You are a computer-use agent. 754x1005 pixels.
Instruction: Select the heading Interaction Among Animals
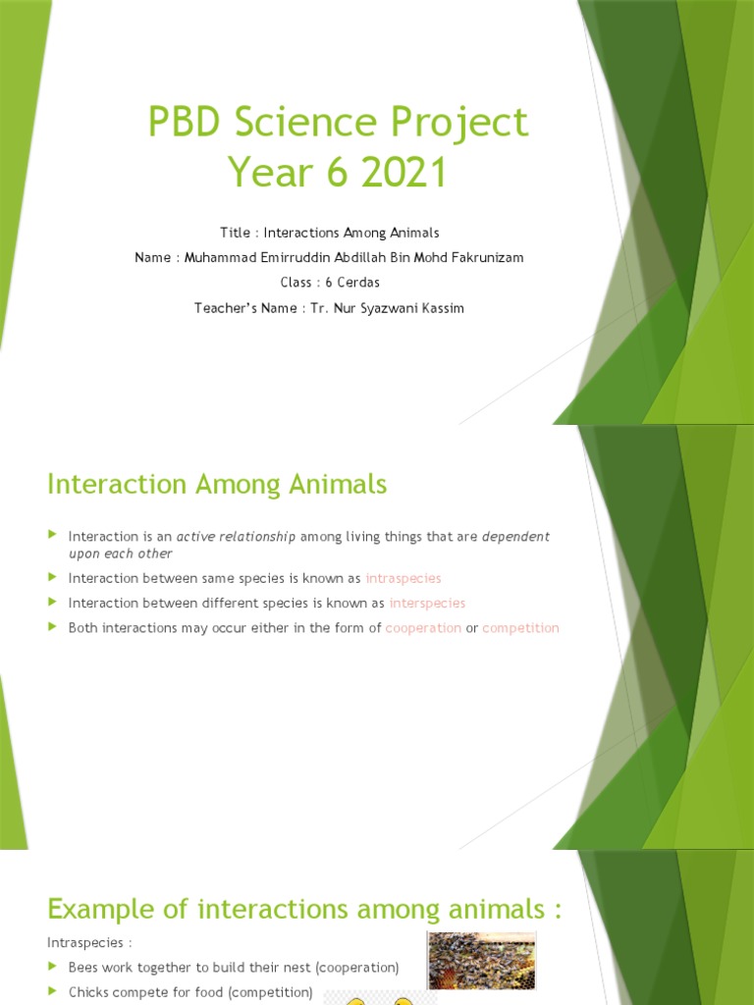217,484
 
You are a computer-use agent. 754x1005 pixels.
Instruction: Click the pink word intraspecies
403,578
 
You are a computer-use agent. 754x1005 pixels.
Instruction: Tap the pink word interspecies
427,603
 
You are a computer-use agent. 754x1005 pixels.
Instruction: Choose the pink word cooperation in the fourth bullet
423,628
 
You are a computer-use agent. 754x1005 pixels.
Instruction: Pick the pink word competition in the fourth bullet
520,628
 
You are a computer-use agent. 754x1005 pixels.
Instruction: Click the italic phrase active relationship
236,537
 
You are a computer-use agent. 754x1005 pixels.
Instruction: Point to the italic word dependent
515,537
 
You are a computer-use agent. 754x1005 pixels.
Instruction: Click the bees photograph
481,959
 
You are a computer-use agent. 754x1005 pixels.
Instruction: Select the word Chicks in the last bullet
87,992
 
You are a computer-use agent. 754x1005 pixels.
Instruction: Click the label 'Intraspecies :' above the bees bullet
86,942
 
